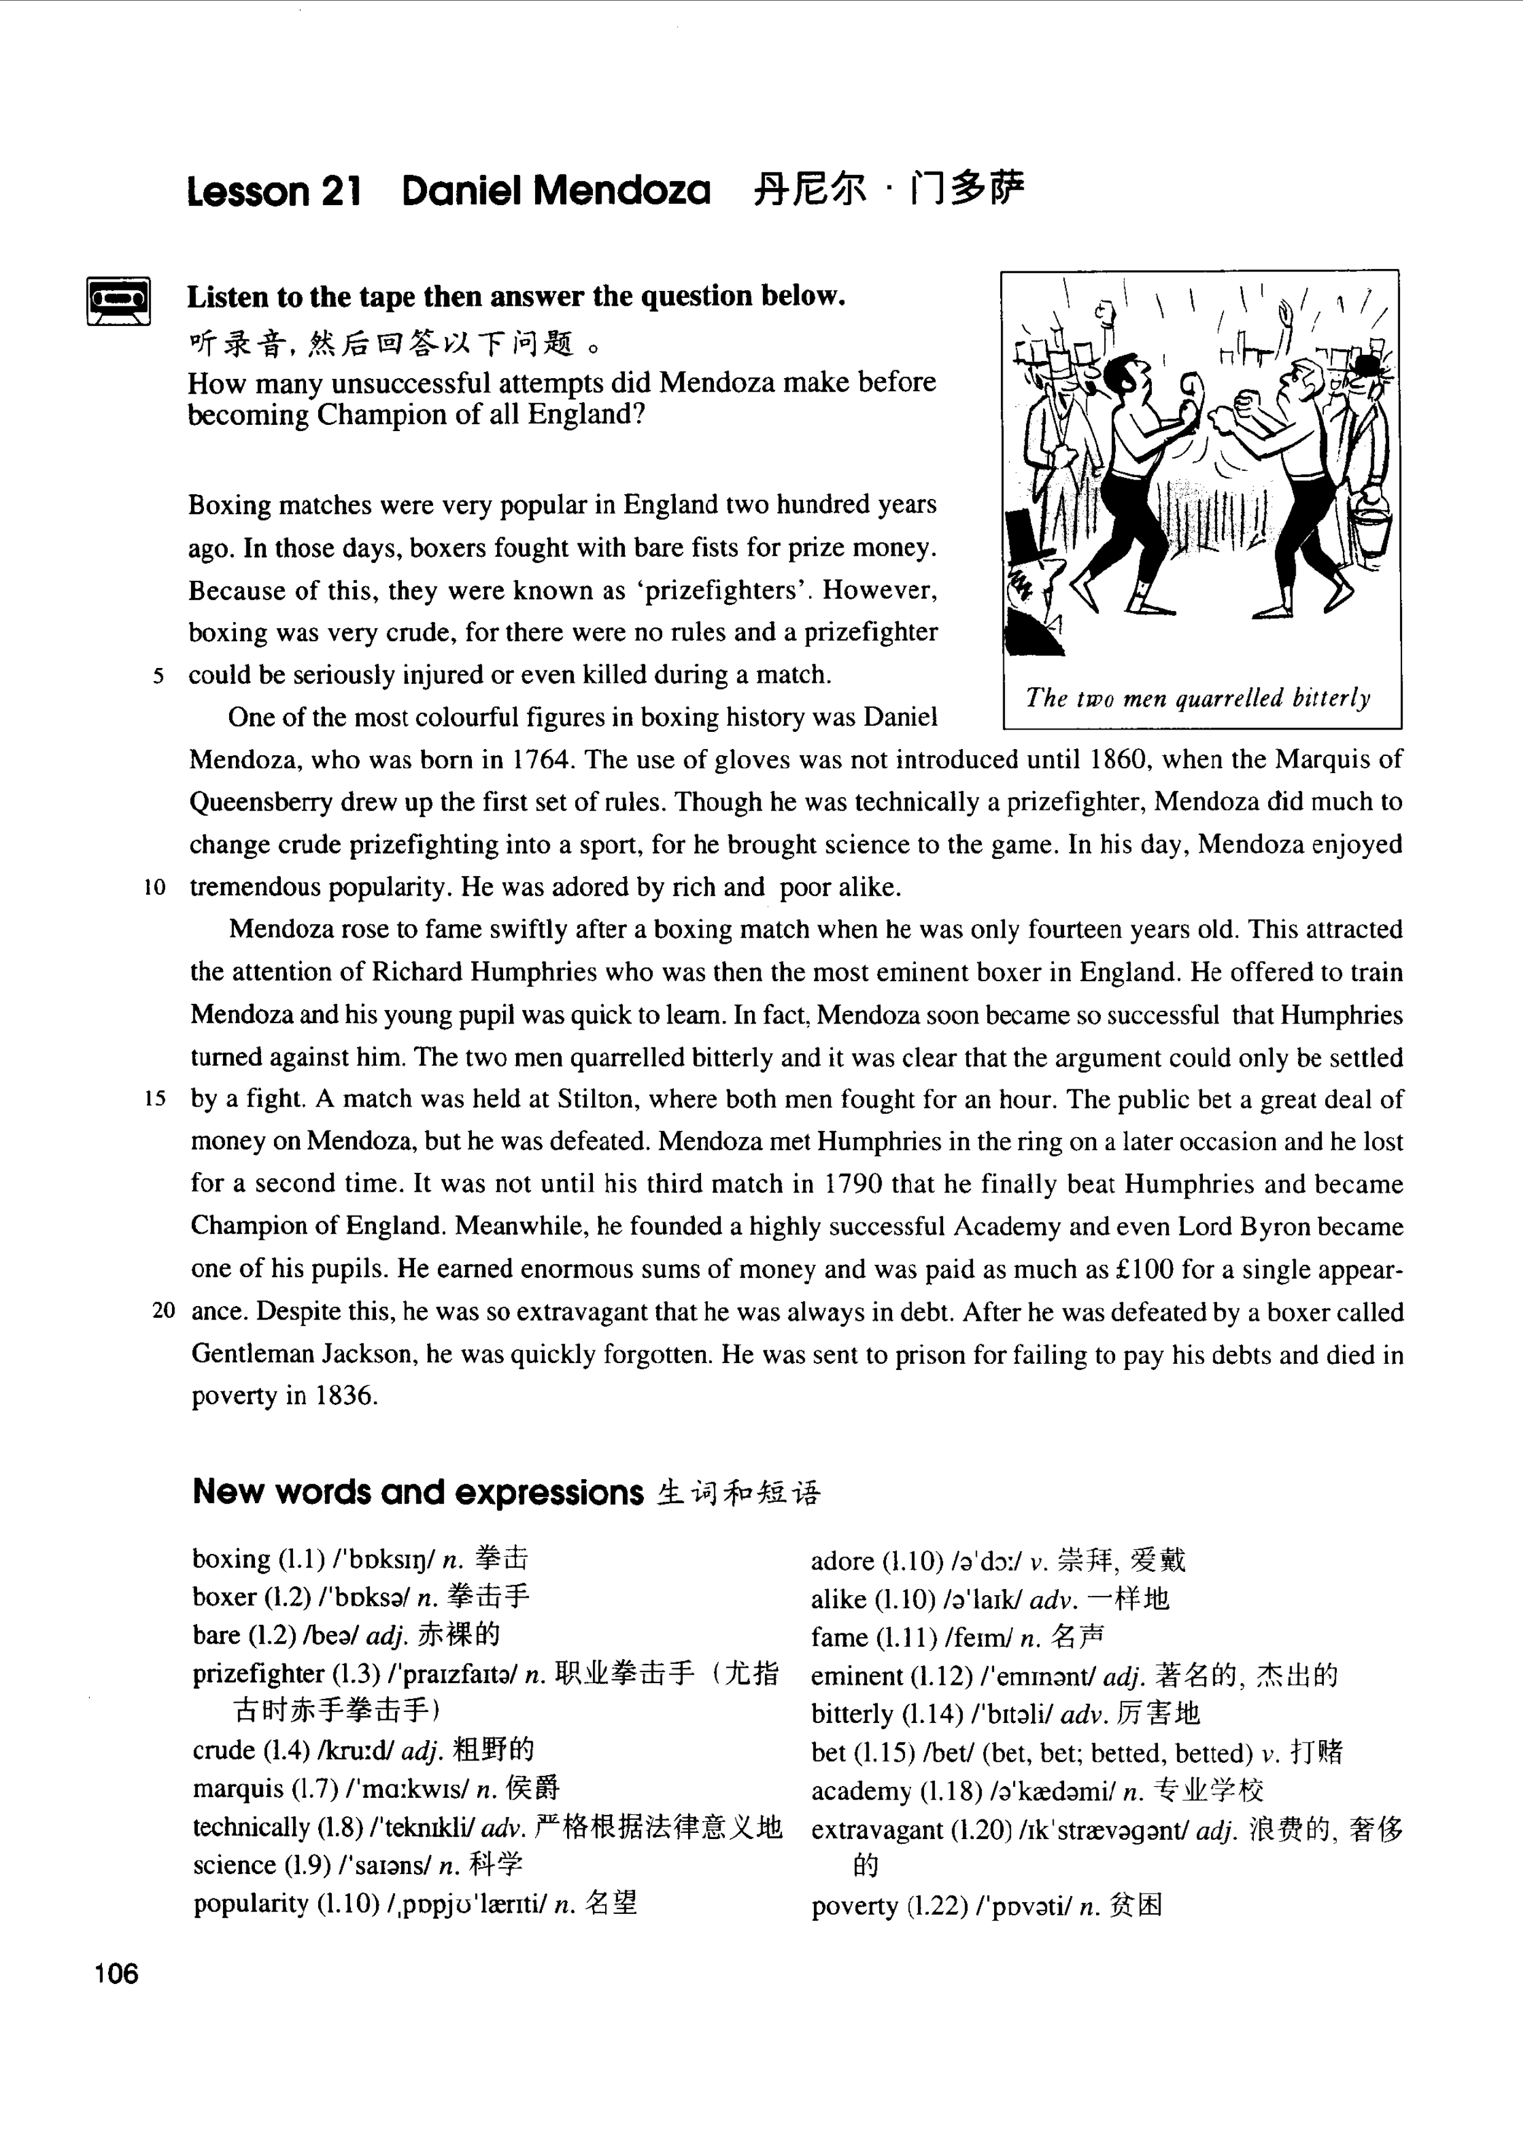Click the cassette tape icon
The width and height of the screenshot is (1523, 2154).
coord(118,300)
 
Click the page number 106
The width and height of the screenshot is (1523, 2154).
coord(116,1974)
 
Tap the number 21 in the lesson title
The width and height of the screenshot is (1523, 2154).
coord(340,192)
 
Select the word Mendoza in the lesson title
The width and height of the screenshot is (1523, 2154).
coord(621,192)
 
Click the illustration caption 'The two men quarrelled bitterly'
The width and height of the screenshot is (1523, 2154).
coord(1199,698)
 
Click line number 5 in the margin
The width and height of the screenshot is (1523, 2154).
coord(159,675)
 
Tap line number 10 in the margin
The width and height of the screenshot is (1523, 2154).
coord(155,887)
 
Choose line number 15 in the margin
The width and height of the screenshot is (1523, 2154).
coord(155,1098)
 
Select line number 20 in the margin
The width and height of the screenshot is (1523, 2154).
coord(163,1310)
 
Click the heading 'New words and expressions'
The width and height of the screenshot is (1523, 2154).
coord(418,1493)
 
